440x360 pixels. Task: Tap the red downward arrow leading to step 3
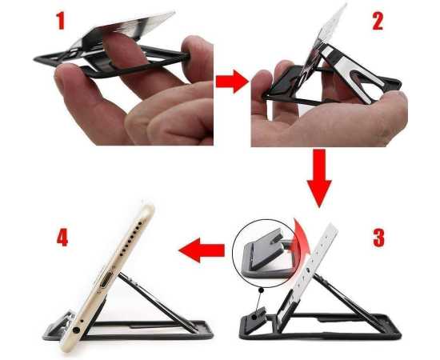pos(320,181)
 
